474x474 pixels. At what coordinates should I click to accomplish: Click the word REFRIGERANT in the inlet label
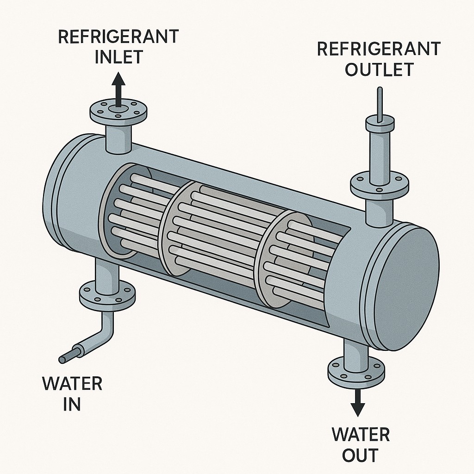click(118, 37)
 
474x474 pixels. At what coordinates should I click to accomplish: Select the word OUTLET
click(379, 69)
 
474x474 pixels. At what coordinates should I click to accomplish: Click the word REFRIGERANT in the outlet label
click(379, 48)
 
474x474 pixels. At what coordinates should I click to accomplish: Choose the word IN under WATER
click(72, 404)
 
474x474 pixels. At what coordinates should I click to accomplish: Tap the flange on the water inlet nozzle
click(107, 295)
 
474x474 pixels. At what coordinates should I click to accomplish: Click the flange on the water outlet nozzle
click(356, 368)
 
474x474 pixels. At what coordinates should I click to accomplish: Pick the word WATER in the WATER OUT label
click(361, 435)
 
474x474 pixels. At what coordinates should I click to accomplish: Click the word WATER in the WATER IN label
click(72, 384)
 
